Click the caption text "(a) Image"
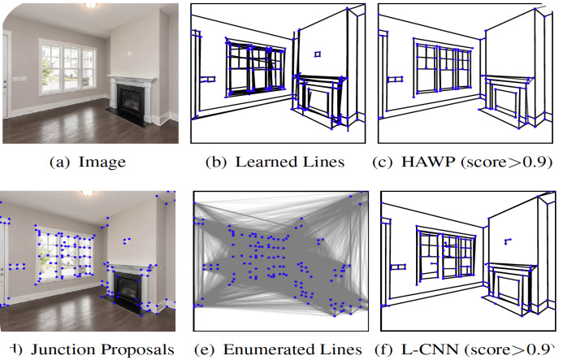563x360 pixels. click(x=88, y=162)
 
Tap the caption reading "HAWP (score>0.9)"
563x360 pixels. click(x=466, y=162)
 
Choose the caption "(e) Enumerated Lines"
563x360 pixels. click(x=279, y=349)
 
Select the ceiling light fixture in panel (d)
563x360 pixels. click(x=87, y=195)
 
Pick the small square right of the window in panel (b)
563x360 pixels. click(x=318, y=54)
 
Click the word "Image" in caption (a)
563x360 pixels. click(x=102, y=162)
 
